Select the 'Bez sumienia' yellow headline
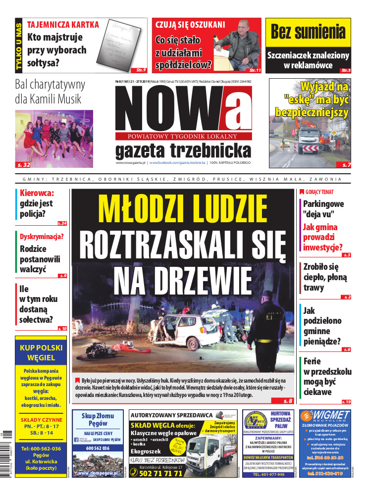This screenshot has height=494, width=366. (308, 32)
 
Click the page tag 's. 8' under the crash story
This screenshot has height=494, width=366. (288, 400)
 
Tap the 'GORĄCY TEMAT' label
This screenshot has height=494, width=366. (319, 192)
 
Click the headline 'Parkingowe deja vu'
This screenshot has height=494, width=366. (323, 209)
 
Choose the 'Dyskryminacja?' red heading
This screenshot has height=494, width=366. (42, 236)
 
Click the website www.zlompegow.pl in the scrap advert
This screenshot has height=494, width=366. (98, 474)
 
